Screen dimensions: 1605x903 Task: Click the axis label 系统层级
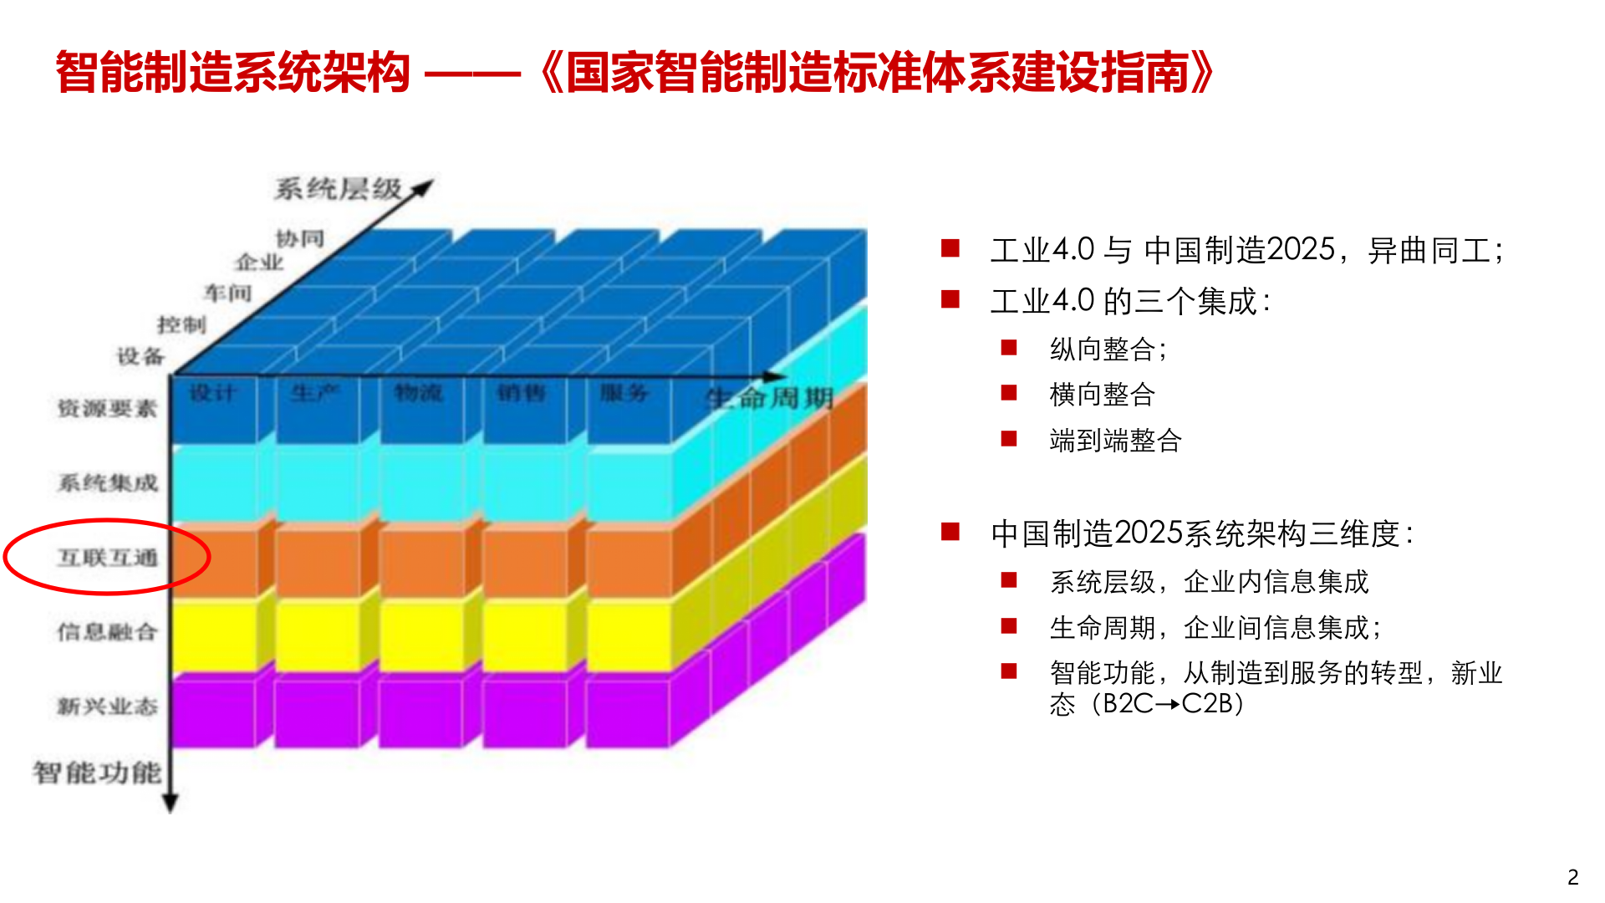click(x=339, y=190)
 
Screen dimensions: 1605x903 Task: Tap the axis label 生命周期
click(x=770, y=398)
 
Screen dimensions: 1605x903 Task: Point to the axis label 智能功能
click(x=97, y=773)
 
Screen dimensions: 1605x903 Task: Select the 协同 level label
click(x=300, y=239)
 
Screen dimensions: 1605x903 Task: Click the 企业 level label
click(x=260, y=263)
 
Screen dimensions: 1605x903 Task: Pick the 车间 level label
click(x=227, y=293)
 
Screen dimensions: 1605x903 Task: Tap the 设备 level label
click(x=140, y=357)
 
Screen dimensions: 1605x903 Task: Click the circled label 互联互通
click(x=107, y=558)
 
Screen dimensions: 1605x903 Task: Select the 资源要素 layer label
click(x=107, y=409)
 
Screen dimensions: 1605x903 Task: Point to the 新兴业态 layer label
click(x=107, y=707)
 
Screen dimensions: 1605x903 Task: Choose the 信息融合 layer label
click(x=107, y=632)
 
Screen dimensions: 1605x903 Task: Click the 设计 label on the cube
click(x=212, y=393)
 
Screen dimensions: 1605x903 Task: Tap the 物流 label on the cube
click(x=418, y=393)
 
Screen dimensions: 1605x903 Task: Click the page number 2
click(x=1572, y=877)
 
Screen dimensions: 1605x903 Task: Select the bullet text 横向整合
click(x=1103, y=395)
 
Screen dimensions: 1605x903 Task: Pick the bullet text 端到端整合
click(x=1115, y=441)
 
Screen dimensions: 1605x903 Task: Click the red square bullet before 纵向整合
click(x=1009, y=347)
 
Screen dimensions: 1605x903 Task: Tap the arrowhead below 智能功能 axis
click(x=171, y=804)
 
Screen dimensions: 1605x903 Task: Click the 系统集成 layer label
click(x=107, y=483)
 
